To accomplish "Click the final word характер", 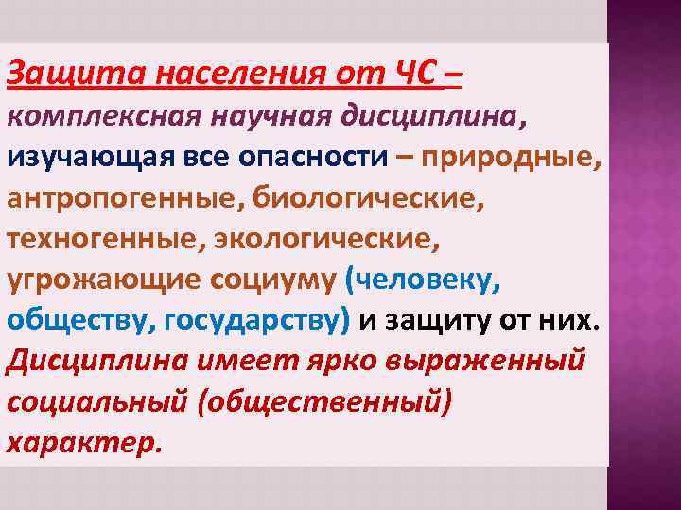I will pyautogui.click(x=83, y=443).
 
